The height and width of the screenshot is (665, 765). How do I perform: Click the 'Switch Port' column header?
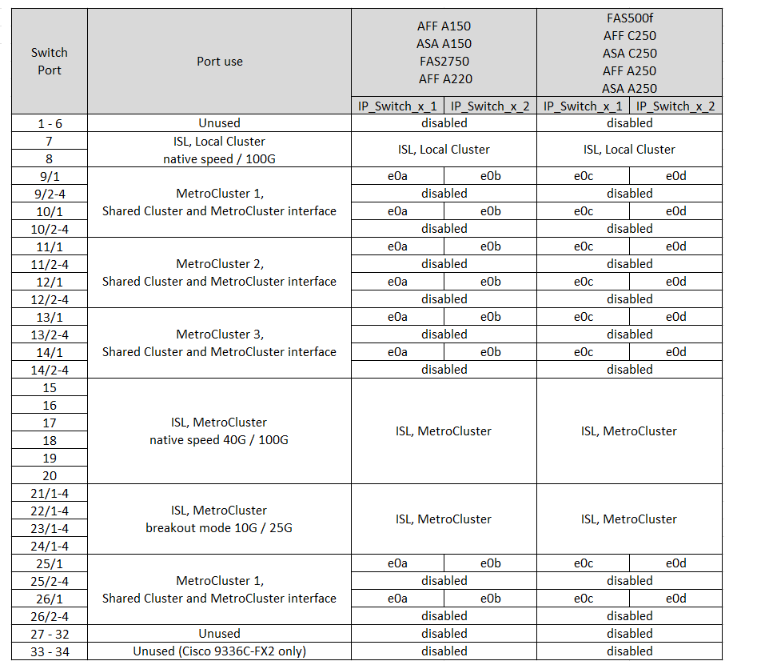click(x=49, y=62)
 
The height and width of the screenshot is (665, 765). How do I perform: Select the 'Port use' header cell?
click(x=219, y=62)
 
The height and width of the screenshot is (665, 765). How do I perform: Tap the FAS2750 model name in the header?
click(x=444, y=62)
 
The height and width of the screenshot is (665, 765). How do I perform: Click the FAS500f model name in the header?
click(x=629, y=18)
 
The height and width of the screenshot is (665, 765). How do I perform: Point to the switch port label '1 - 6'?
click(x=49, y=123)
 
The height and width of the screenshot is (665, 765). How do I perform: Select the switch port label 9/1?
click(x=49, y=176)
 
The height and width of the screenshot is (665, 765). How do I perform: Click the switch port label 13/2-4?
click(x=49, y=335)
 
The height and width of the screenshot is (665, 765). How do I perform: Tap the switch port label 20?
click(x=49, y=475)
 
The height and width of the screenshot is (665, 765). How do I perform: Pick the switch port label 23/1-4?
click(x=49, y=528)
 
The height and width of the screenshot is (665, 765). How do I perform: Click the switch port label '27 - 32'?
click(x=49, y=634)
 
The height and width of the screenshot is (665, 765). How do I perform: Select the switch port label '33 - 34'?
click(x=49, y=651)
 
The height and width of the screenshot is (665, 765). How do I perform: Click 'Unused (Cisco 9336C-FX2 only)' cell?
click(x=219, y=651)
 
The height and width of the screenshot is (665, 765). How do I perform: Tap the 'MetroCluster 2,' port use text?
click(x=219, y=264)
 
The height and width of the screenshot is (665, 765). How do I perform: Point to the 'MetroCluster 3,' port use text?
click(x=219, y=335)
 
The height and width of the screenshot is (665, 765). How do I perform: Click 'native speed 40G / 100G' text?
click(x=219, y=440)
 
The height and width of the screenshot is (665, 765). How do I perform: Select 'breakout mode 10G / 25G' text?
click(x=219, y=528)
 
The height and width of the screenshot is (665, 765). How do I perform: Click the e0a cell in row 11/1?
click(x=397, y=246)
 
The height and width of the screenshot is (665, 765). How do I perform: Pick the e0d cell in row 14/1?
click(x=675, y=352)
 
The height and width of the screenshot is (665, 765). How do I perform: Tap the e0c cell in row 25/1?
click(x=583, y=563)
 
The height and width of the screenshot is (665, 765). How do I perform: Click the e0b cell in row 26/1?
click(x=490, y=599)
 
